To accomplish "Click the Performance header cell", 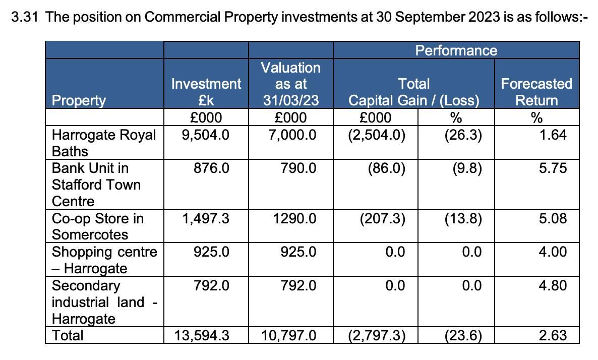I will click(x=456, y=50).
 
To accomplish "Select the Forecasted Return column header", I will click(x=536, y=92).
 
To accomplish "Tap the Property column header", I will click(x=79, y=100).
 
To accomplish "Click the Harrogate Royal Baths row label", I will click(x=104, y=143).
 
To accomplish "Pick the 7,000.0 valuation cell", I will click(x=291, y=135).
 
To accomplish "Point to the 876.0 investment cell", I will click(x=211, y=168).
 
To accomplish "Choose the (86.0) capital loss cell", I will click(x=386, y=168).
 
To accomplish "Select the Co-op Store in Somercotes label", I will click(x=98, y=226).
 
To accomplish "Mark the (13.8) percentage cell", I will click(x=463, y=219).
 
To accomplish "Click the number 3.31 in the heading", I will click(x=25, y=17).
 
